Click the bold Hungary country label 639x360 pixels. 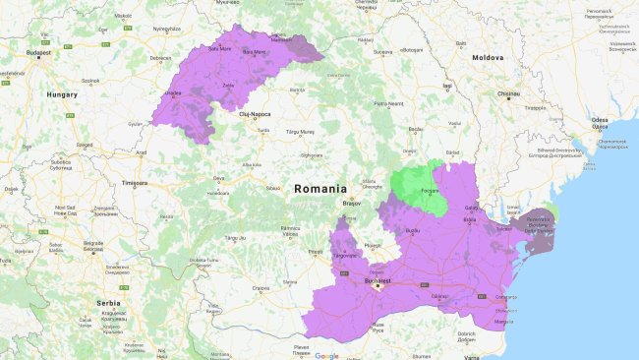(61, 94)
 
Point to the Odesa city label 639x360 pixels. (600, 120)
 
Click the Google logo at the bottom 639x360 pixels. (326, 355)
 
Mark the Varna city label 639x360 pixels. (473, 356)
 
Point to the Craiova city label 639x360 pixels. (261, 288)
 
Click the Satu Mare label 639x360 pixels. (218, 47)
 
